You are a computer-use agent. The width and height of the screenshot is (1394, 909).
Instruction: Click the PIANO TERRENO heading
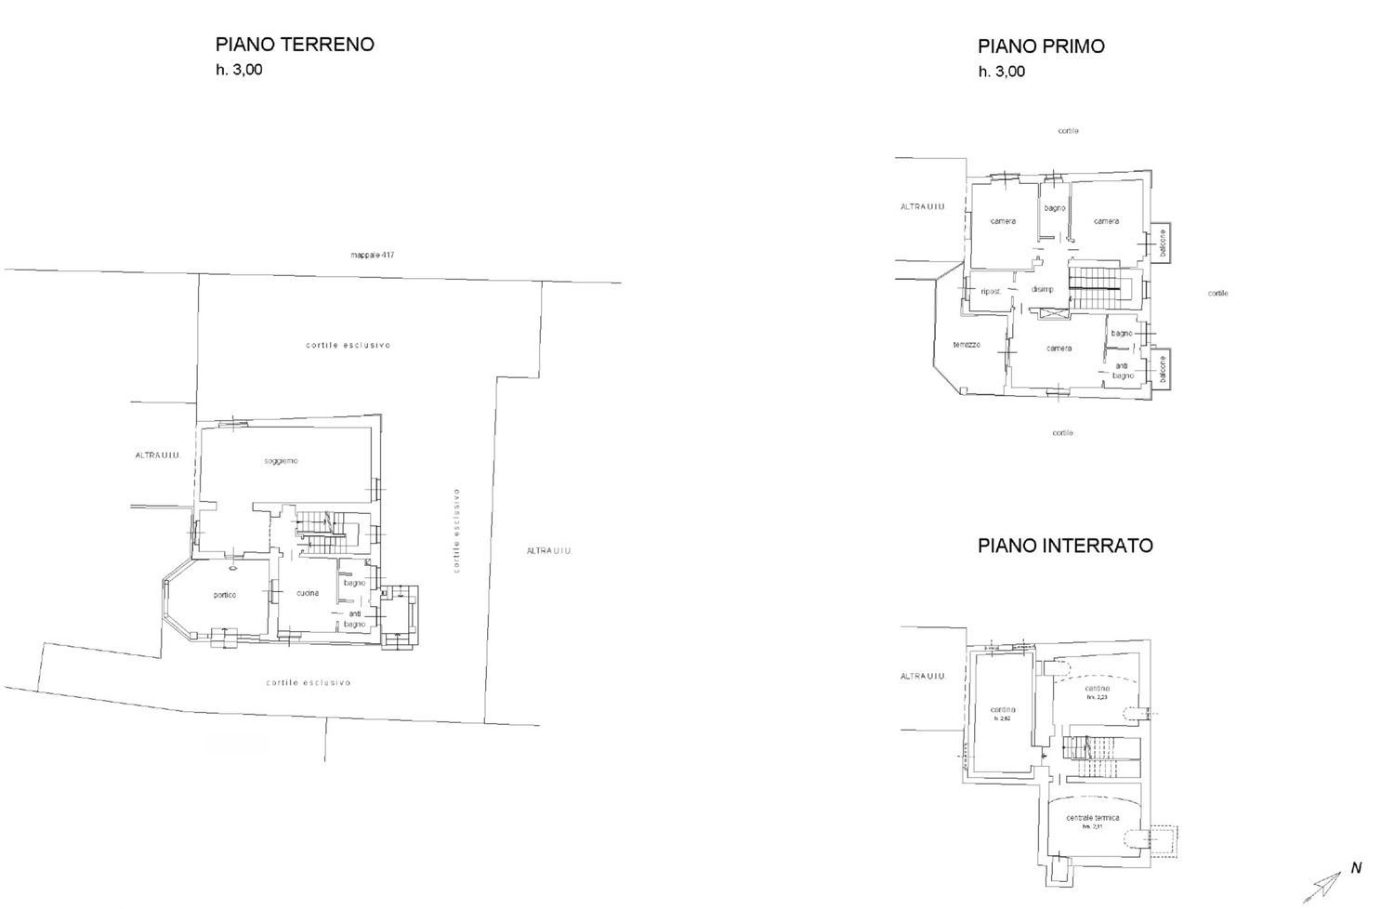(x=295, y=45)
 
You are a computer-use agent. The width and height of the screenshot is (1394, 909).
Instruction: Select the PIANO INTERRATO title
(x=1065, y=546)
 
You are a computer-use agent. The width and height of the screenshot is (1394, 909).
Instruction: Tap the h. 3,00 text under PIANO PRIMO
(x=1001, y=72)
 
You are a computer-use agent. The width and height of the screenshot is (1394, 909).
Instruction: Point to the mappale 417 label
(x=373, y=255)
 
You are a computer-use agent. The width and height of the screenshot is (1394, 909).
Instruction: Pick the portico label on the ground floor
(x=224, y=595)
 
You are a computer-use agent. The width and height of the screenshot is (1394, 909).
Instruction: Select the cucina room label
(x=309, y=593)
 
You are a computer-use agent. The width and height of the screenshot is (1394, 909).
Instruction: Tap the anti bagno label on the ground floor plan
(x=355, y=619)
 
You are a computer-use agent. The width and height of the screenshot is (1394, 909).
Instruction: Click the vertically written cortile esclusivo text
(x=457, y=530)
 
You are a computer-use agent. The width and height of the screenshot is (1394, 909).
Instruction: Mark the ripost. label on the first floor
(x=991, y=291)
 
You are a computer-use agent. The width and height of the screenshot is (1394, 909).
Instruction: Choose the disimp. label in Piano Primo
(x=1042, y=289)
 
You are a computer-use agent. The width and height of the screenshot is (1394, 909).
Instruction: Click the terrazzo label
(x=967, y=345)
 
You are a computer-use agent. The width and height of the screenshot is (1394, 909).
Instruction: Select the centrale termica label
(x=1093, y=819)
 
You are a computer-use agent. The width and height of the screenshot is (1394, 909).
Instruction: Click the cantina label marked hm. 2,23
(x=1098, y=690)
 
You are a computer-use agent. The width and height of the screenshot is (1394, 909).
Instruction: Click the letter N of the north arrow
(x=1356, y=868)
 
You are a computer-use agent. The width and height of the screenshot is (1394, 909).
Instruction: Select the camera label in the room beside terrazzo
(x=1059, y=349)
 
